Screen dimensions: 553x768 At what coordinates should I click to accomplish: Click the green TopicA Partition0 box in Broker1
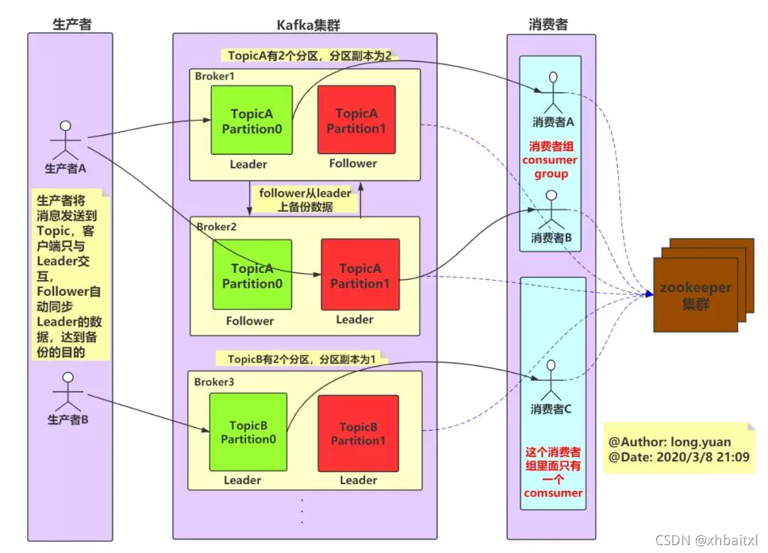(x=252, y=120)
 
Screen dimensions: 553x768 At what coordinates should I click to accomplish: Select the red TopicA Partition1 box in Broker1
(x=356, y=120)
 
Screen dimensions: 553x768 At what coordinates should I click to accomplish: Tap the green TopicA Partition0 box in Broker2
(x=252, y=274)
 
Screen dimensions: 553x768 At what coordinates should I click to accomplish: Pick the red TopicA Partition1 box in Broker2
(x=360, y=275)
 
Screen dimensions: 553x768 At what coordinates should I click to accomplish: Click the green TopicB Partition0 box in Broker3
(x=248, y=431)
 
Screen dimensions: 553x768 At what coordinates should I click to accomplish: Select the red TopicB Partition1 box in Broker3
(x=357, y=432)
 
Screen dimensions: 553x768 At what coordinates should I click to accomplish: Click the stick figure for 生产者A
(x=65, y=141)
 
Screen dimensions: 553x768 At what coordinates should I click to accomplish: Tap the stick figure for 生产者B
(x=68, y=389)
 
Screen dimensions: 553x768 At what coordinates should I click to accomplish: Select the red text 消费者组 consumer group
(x=550, y=160)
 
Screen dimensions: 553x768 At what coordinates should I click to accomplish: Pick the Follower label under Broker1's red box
(x=353, y=163)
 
